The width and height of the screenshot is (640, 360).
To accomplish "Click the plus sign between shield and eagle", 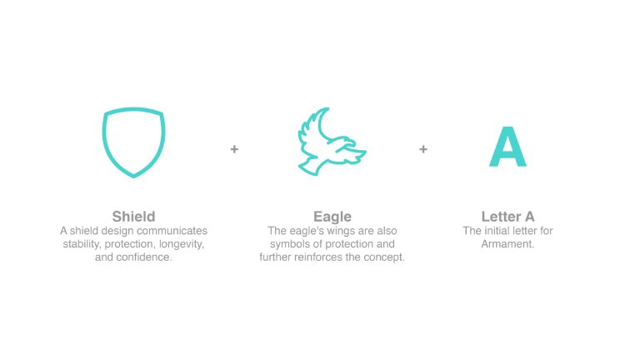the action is click(x=234, y=149).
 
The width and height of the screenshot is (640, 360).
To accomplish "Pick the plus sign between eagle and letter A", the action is click(x=423, y=149).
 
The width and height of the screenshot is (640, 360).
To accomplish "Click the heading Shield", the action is click(x=133, y=217).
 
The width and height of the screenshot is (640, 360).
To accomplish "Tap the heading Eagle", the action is click(x=332, y=217).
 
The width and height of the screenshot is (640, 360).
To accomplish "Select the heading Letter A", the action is click(x=507, y=217).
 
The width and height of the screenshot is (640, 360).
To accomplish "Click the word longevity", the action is click(x=182, y=244).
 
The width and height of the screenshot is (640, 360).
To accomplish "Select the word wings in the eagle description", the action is click(x=341, y=231).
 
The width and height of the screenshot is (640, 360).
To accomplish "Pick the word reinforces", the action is click(x=317, y=257).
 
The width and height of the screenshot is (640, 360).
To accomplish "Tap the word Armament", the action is click(x=507, y=244).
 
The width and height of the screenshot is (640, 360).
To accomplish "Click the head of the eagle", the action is click(x=350, y=143).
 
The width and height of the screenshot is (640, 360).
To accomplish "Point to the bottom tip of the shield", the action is click(x=133, y=177).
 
